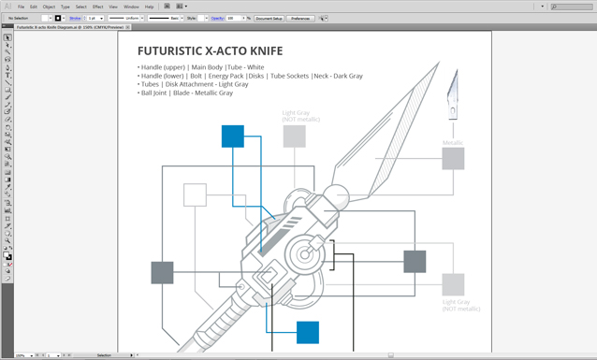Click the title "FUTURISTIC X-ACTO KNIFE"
tap(210, 50)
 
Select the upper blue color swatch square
tap(233, 137)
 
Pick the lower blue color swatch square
tap(308, 332)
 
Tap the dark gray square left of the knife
tap(162, 272)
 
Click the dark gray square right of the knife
tap(415, 261)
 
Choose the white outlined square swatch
tap(195, 194)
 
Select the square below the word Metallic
tap(453, 159)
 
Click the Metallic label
tap(453, 143)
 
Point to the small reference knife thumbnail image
tap(453, 94)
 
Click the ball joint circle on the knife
tap(337, 198)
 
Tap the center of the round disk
tap(304, 253)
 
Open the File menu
tap(21, 7)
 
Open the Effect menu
tap(97, 7)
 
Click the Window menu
tap(131, 7)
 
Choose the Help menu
tap(149, 7)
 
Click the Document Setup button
tap(269, 18)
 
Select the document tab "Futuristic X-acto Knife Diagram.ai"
tap(70, 27)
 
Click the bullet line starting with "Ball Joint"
tap(185, 93)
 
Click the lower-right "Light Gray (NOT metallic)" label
tap(461, 305)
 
